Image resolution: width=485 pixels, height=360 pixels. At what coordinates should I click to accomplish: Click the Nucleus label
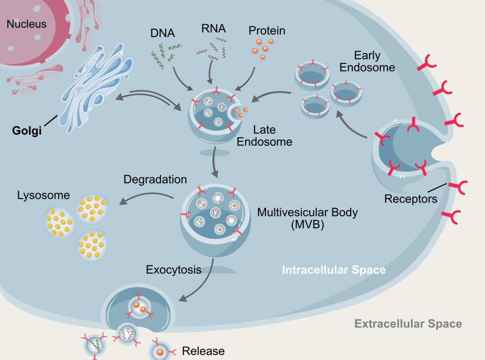tap(26, 24)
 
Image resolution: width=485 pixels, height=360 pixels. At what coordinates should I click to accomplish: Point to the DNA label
tap(162, 34)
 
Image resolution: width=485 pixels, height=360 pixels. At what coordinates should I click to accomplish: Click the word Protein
tap(267, 31)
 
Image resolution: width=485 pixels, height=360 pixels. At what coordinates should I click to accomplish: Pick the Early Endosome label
tap(367, 60)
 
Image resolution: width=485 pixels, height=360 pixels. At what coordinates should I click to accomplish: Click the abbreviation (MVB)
tap(307, 226)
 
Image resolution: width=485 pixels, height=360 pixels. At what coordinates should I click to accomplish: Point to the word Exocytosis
tap(173, 270)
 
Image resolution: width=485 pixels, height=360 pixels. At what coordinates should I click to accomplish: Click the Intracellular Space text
tap(333, 270)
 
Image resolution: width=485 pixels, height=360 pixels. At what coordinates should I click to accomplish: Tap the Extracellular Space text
tap(408, 324)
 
